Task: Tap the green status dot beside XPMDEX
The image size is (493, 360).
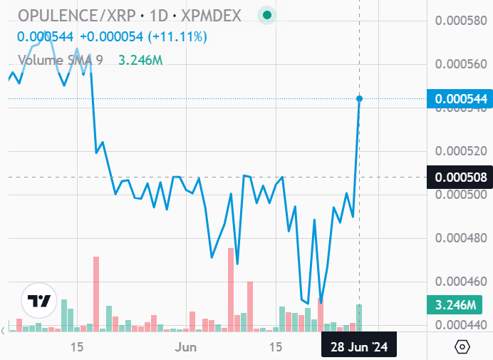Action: pyautogui.click(x=267, y=15)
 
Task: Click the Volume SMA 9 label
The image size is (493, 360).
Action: pyautogui.click(x=61, y=60)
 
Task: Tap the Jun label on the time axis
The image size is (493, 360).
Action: pyautogui.click(x=186, y=347)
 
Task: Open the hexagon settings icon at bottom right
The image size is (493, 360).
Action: pyautogui.click(x=462, y=347)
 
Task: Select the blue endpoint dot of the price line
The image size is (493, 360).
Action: pyautogui.click(x=359, y=98)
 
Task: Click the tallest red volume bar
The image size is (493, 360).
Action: pyautogui.click(x=96, y=294)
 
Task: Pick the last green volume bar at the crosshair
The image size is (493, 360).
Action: pyautogui.click(x=359, y=318)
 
